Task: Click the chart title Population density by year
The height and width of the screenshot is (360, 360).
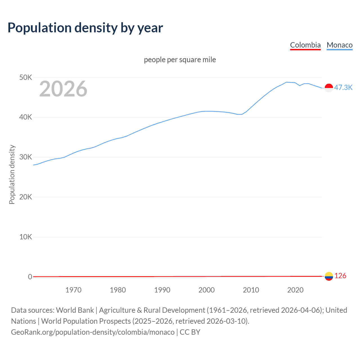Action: [85, 28]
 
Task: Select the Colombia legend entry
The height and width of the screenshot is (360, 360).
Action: [305, 45]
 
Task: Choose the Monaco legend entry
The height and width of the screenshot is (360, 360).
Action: [339, 45]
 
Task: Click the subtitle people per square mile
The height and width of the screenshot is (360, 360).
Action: [180, 60]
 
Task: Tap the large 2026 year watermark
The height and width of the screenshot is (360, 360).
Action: [63, 89]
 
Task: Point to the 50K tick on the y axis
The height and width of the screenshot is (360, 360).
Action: [26, 77]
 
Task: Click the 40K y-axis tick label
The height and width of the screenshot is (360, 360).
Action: [26, 117]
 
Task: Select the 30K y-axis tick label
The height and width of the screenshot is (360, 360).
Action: [26, 157]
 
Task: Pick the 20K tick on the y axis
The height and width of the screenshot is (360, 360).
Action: [26, 197]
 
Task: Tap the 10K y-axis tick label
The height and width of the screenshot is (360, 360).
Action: [26, 237]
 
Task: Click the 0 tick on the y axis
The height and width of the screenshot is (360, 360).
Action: [30, 277]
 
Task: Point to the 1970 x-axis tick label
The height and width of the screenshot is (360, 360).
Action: [73, 290]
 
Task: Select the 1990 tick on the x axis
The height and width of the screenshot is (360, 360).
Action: [162, 290]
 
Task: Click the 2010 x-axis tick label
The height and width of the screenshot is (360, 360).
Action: [251, 290]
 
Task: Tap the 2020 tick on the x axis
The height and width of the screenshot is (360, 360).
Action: [295, 290]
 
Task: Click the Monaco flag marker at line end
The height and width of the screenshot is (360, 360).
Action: [329, 88]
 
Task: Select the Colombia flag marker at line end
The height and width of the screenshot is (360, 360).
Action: [329, 276]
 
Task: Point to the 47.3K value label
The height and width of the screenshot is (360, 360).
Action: [343, 87]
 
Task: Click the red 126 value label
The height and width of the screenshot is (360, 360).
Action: [340, 276]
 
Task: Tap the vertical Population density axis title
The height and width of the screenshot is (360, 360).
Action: [12, 174]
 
